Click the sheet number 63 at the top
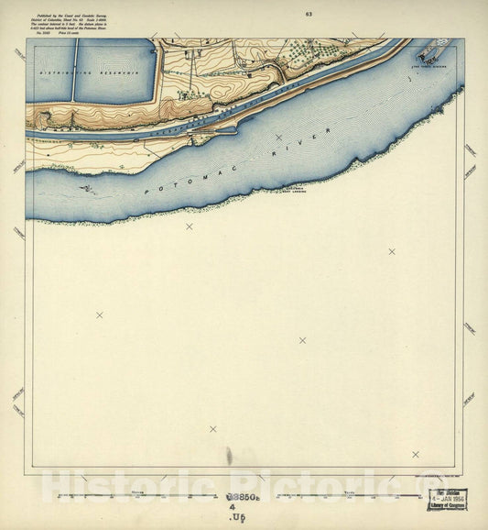coord(309,14)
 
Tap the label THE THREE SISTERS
coord(430,65)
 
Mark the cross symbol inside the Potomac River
coord(278,138)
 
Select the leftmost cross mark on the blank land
coord(100,315)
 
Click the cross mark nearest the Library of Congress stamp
coord(415,454)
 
